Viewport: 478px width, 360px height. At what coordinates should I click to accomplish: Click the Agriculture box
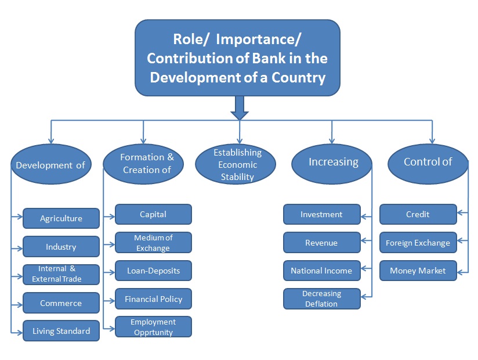(61, 218)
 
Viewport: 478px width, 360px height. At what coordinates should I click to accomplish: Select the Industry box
(61, 247)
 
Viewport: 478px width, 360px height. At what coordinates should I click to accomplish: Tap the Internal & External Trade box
(61, 275)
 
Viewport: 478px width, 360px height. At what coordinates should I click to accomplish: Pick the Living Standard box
(61, 331)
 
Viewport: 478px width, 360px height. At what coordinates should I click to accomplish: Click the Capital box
(153, 214)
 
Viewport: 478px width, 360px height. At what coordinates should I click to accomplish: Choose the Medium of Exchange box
(153, 243)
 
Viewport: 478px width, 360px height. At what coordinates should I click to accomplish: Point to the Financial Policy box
(153, 298)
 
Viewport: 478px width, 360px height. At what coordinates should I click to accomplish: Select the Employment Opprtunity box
(153, 327)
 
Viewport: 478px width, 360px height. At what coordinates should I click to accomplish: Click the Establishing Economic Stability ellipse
(236, 164)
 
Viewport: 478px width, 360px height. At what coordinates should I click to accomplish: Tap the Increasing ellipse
(332, 164)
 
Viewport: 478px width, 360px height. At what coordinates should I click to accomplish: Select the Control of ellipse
(428, 164)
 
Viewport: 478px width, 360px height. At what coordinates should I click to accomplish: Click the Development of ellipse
(51, 164)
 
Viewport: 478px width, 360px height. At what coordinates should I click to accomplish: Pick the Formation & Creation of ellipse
(143, 164)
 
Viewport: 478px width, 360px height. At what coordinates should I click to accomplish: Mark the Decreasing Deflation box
(322, 298)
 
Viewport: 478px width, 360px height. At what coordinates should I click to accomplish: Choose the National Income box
(322, 271)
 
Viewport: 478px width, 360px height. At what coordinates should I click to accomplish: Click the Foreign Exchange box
(418, 243)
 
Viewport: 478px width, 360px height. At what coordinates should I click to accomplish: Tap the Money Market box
(418, 271)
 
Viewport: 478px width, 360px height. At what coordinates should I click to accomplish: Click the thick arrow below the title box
(240, 107)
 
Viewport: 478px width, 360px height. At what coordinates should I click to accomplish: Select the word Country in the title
(298, 77)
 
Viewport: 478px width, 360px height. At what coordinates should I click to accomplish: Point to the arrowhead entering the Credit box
(459, 213)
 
